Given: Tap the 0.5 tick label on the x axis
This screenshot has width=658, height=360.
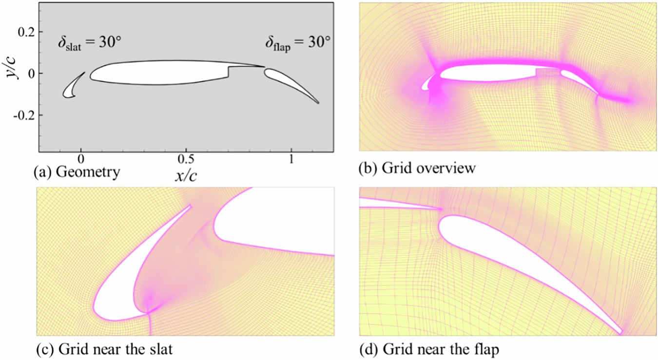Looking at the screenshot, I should coord(186,159).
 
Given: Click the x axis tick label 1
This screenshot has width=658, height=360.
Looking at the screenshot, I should coord(291,159).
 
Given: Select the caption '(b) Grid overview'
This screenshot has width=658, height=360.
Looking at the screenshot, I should coord(417,169).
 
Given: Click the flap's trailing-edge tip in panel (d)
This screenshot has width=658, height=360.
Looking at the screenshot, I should coord(620,332).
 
